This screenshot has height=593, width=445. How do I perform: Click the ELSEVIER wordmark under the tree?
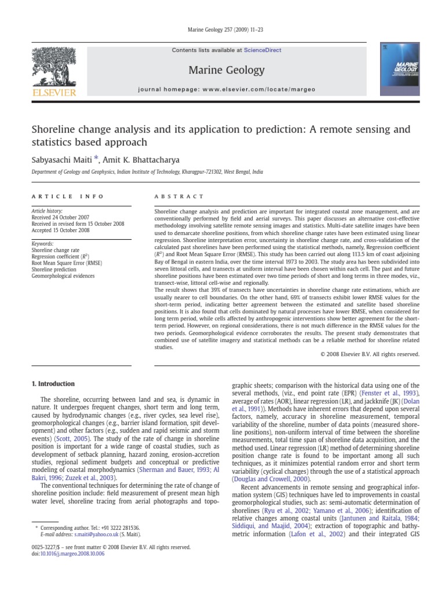tap(53, 93)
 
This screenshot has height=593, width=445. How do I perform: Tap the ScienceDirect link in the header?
tap(262, 50)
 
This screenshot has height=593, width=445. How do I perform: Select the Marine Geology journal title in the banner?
tap(227, 71)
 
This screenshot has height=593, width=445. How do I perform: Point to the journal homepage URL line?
tap(227, 90)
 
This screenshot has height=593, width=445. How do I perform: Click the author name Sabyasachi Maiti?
tap(60, 160)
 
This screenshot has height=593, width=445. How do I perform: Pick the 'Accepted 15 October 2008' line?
tap(61, 230)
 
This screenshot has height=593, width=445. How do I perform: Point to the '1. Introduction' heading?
tap(53, 384)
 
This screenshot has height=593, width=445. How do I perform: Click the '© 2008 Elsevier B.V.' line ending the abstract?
tap(369, 354)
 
